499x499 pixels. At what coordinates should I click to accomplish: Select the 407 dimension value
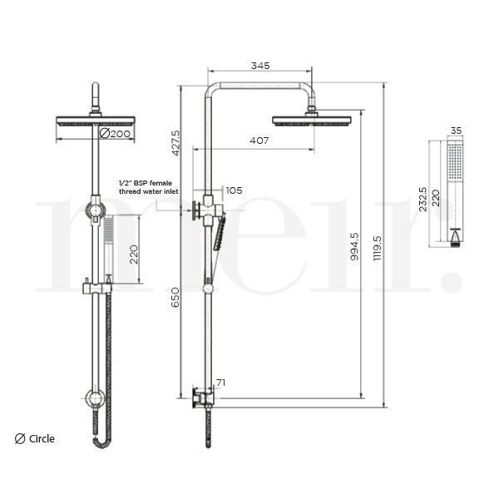(259, 141)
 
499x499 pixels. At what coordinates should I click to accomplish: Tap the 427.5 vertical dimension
(175, 142)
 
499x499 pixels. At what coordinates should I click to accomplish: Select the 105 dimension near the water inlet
(234, 190)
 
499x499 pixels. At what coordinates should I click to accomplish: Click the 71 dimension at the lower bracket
(220, 383)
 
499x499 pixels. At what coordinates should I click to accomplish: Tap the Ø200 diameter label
(116, 133)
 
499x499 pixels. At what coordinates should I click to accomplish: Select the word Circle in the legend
(42, 438)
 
